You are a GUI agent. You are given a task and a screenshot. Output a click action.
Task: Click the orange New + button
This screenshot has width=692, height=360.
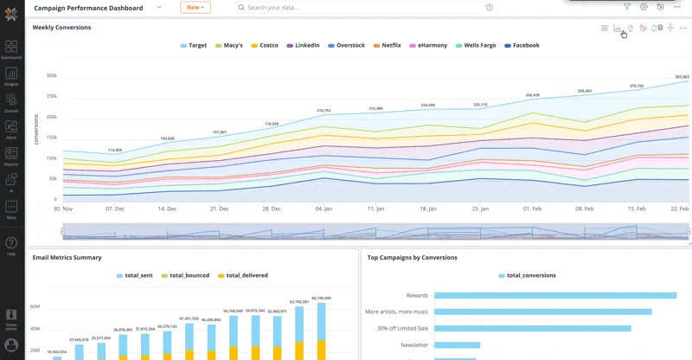pyautogui.click(x=195, y=7)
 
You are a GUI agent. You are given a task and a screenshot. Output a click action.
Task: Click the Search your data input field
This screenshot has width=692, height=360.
pyautogui.click(x=363, y=7)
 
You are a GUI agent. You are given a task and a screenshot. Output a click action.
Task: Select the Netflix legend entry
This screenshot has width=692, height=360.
pyautogui.click(x=388, y=45)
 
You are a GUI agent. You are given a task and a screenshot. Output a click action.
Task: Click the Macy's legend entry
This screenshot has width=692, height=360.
pyautogui.click(x=228, y=45)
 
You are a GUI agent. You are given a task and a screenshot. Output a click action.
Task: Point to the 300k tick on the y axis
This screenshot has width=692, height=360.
pyautogui.click(x=52, y=76)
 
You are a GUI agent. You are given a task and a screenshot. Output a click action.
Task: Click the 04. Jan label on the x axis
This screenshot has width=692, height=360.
pyautogui.click(x=324, y=209)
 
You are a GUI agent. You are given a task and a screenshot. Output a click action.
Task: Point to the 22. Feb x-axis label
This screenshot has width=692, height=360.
pyautogui.click(x=680, y=209)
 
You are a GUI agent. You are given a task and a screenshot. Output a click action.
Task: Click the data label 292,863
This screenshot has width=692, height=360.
pyautogui.click(x=682, y=77)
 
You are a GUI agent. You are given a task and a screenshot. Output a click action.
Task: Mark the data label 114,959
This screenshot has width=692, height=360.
pyautogui.click(x=115, y=150)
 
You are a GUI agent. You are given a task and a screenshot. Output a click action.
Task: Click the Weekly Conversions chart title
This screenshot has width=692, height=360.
pyautogui.click(x=61, y=28)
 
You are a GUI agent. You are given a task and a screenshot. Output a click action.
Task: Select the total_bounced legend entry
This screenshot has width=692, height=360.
pyautogui.click(x=184, y=275)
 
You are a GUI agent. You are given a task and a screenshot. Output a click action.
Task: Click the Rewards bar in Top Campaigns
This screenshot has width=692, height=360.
pyautogui.click(x=554, y=295)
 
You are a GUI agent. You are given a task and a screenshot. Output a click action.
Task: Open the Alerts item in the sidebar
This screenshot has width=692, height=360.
pyautogui.click(x=11, y=130)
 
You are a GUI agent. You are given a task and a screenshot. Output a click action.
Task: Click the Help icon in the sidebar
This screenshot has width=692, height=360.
pyautogui.click(x=11, y=244)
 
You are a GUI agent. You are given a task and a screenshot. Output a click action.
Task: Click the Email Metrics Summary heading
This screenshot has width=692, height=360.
pyautogui.click(x=67, y=257)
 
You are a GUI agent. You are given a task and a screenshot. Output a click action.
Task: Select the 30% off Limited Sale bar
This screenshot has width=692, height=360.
pyautogui.click(x=532, y=328)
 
